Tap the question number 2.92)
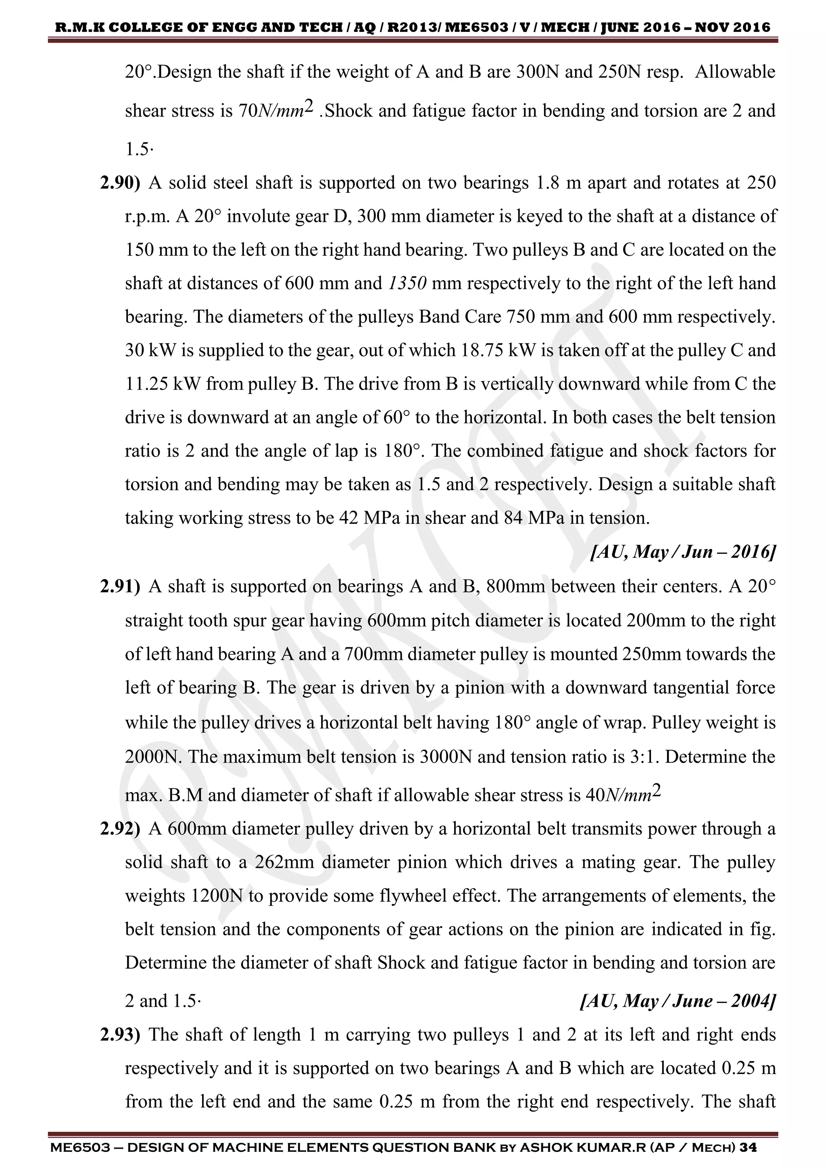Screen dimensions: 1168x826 119,829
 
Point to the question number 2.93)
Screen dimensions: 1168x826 119,1035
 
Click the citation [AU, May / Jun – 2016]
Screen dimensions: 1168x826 682,552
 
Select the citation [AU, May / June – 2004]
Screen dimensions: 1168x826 678,1001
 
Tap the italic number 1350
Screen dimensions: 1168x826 407,284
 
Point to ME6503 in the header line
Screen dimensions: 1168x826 478,27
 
